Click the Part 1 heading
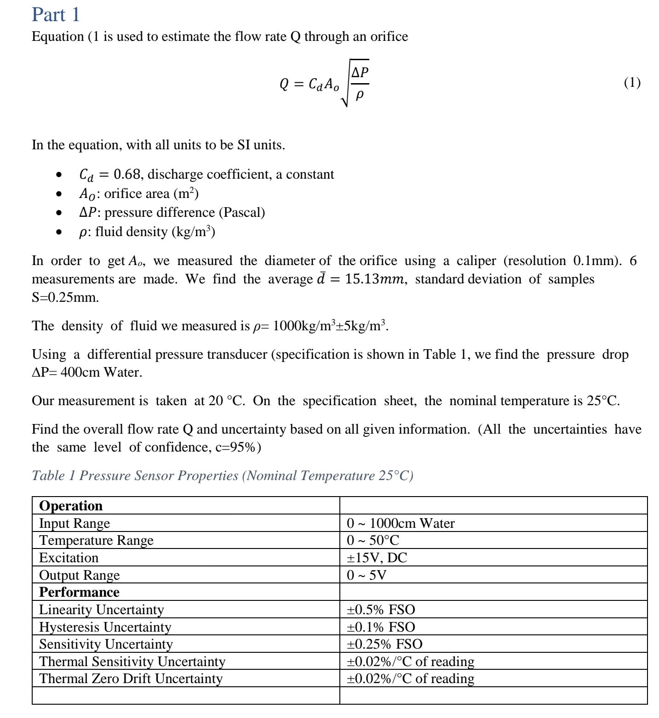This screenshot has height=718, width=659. click(x=56, y=15)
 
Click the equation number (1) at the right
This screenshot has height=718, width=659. click(x=632, y=83)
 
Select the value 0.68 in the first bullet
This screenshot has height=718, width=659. click(x=127, y=175)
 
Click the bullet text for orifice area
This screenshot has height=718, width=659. click(x=139, y=194)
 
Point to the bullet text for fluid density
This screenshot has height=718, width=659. click(x=147, y=232)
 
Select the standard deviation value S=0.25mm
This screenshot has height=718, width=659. click(x=65, y=298)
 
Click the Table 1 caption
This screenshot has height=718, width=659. click(x=223, y=475)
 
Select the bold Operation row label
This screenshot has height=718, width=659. click(x=71, y=506)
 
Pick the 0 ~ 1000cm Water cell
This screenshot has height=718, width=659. click(x=401, y=523)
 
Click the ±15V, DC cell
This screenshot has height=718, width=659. click(x=377, y=558)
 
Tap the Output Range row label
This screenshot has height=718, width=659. click(x=79, y=575)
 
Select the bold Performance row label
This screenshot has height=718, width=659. click(x=79, y=593)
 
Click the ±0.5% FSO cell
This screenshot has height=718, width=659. click(x=381, y=610)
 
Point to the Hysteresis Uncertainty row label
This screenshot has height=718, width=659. click(x=105, y=627)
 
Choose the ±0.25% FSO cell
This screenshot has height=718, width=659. click(x=384, y=644)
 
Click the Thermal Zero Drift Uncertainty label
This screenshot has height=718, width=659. click(x=131, y=679)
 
